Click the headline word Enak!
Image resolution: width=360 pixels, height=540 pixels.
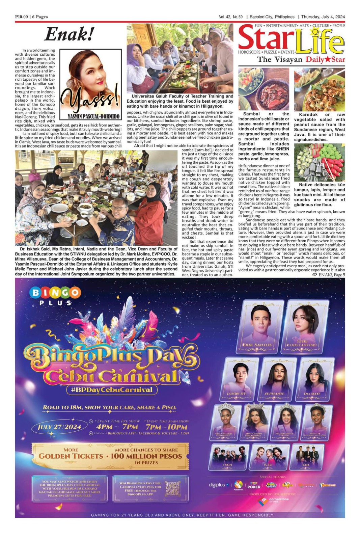69,34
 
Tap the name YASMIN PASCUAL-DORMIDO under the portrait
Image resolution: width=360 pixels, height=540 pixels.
94,116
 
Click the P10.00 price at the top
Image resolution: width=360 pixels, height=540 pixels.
22,17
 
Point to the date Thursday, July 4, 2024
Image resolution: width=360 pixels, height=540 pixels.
323,17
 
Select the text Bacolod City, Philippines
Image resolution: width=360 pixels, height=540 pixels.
272,17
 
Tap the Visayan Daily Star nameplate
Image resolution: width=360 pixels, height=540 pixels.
301,60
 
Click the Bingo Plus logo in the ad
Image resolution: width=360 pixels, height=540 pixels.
55,296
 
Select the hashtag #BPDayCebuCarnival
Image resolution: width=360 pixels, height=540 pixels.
111,389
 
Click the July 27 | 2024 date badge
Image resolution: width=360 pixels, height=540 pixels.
59,427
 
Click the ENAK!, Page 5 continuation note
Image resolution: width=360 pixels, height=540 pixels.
328,275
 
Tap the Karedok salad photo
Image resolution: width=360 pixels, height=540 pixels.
319,89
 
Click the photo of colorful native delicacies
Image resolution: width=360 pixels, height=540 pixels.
319,163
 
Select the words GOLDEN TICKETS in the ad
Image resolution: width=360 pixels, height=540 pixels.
71,456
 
